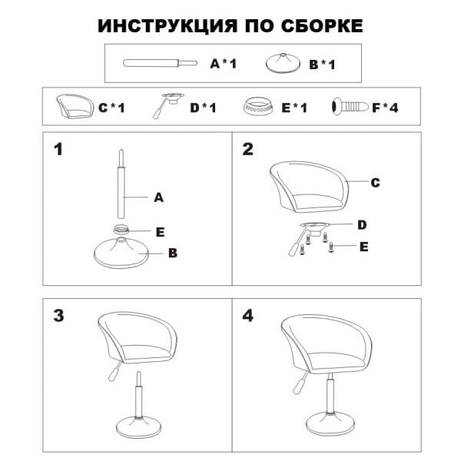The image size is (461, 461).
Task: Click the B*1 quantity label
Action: click(323, 65)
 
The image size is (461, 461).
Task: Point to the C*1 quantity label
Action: click(111, 108)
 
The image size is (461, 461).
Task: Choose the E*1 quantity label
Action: click(295, 108)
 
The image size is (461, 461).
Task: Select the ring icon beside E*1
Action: click(260, 106)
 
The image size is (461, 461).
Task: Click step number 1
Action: click(57, 149)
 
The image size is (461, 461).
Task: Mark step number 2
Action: click(247, 149)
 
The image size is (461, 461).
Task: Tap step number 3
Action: click(58, 316)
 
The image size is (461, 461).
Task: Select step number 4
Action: click(247, 316)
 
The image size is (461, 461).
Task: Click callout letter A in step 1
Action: click(158, 197)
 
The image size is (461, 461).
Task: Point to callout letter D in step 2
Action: click(362, 224)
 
